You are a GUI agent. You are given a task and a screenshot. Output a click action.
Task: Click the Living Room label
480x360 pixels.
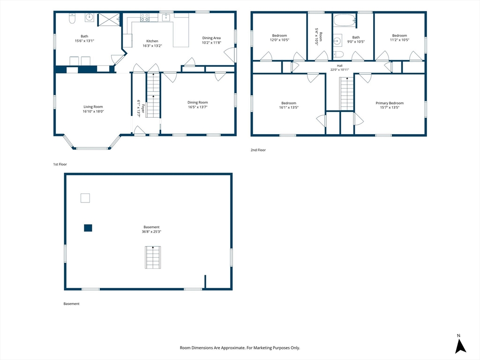(93, 107)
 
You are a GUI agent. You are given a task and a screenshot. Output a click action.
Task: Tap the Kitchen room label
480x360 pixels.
(152, 41)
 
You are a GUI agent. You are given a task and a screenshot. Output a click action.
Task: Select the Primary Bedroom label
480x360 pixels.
(390, 103)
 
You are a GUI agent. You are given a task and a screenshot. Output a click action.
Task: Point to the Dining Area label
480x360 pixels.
(211, 38)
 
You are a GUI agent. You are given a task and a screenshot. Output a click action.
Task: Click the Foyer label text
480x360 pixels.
(142, 108)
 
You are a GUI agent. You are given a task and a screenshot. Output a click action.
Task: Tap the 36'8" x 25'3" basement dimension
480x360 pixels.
(151, 232)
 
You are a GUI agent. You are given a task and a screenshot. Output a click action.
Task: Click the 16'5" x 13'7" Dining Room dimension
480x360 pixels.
(197, 107)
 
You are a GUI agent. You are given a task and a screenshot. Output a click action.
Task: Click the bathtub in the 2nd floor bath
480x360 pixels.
(345, 21)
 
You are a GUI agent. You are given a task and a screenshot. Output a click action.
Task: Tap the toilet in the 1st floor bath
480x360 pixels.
(72, 19)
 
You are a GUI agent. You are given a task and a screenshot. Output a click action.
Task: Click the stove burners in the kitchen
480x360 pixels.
(144, 18)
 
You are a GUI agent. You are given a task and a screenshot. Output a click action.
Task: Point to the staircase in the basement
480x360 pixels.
(153, 257)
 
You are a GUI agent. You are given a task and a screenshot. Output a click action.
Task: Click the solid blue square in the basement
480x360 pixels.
(88, 228)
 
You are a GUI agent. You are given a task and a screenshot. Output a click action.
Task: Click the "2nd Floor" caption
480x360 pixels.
(258, 150)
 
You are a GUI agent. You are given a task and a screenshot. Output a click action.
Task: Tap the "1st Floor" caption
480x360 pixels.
(60, 165)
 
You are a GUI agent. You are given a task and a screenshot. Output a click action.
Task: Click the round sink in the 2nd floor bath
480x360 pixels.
(337, 41)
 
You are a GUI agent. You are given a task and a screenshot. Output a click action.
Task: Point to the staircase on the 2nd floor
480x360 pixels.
(347, 94)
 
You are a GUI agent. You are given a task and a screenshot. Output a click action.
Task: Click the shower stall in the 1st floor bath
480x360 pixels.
(109, 20)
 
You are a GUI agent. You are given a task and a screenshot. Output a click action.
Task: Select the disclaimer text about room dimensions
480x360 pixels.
(240, 348)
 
